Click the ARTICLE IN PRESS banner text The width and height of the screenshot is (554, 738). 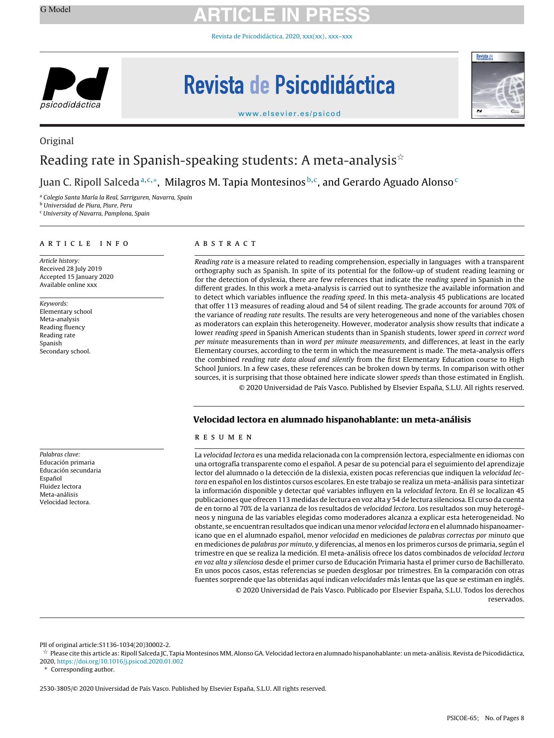(x=281, y=15)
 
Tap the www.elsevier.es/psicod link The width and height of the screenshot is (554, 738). (x=289, y=113)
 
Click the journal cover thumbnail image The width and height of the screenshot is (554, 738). (x=498, y=85)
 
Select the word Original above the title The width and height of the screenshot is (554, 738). (x=57, y=141)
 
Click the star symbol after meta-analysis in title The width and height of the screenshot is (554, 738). (x=400, y=157)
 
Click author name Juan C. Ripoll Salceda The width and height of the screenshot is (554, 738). (x=89, y=182)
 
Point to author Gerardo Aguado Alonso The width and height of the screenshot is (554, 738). (x=387, y=182)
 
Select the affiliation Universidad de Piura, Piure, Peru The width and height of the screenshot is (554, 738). (x=87, y=205)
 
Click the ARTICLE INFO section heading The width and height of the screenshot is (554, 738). (x=84, y=244)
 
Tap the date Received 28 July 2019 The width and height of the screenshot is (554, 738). (x=71, y=269)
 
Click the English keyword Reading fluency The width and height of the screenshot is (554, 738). (x=62, y=327)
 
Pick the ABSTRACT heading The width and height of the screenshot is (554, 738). (x=225, y=244)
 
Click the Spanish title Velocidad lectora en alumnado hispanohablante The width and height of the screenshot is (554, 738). (x=332, y=419)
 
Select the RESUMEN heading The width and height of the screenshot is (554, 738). (x=224, y=437)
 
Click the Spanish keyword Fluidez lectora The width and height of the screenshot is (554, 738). (x=60, y=486)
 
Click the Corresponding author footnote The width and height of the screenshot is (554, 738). (x=83, y=669)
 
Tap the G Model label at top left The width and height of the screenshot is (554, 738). (x=55, y=9)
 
